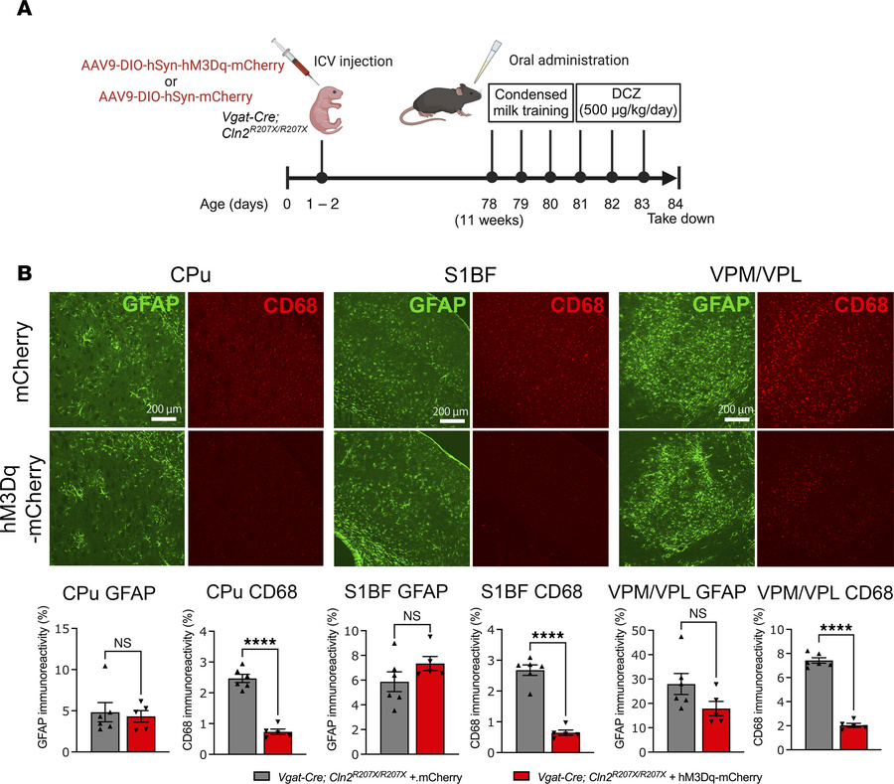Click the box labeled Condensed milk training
(529, 98)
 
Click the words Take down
(677, 220)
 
